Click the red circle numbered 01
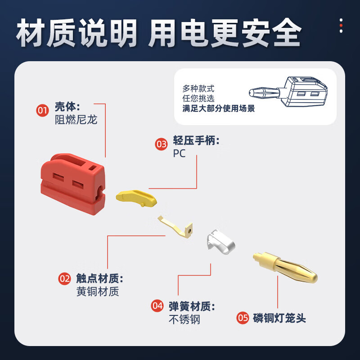pos(42,110)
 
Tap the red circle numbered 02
pos(65,279)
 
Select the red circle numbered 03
pos(161,144)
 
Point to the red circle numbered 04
pos(157,306)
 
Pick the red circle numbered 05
pos(243,318)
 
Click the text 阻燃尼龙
pos(76,120)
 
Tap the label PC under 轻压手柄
pos(179,153)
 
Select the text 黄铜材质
pos(98,292)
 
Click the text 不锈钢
pos(184,319)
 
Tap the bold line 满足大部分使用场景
pos(219,108)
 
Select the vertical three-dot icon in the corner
pos(341,26)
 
